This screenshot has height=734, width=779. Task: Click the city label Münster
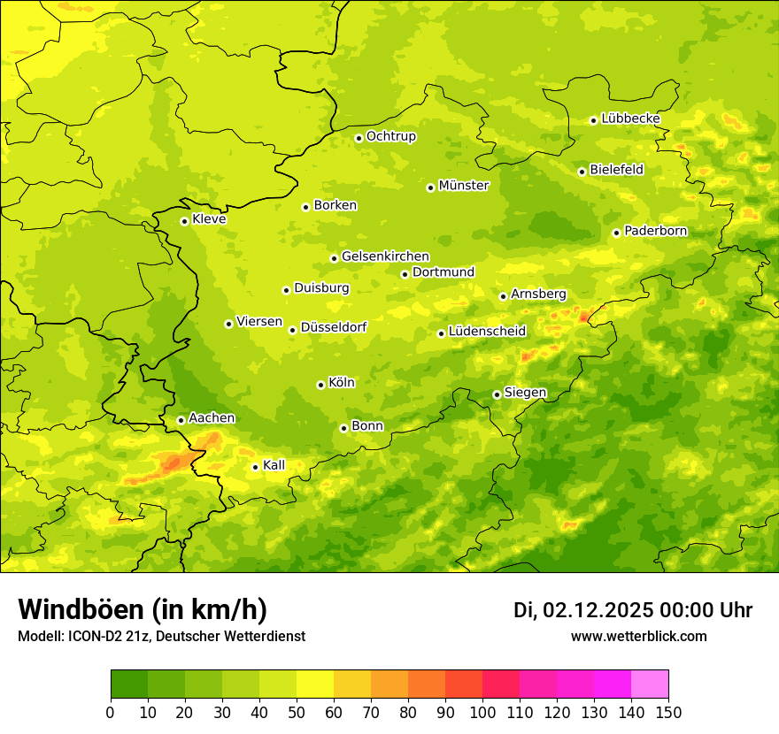pos(463,186)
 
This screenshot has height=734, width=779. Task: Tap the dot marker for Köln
pos(320,385)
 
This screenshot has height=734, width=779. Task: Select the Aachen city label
pos(212,418)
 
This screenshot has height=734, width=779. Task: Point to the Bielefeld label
pos(616,170)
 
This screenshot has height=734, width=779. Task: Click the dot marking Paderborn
pos(616,233)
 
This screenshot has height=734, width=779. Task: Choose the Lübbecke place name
pos(630,119)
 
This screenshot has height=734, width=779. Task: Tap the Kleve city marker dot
pos(184,221)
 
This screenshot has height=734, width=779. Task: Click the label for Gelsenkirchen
pos(385,256)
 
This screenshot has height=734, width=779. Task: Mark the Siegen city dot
pos(497,394)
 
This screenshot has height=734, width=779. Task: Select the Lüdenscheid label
pos(487,332)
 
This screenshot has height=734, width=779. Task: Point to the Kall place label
pos(274,465)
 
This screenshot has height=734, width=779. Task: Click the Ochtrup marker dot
pos(359,138)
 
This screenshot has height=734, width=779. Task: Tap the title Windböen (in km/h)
pos(142,609)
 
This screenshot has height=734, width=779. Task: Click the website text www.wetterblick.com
pos(638,636)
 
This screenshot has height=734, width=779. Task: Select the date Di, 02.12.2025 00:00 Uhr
pos(633,610)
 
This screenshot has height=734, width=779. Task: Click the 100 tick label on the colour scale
pos(482,712)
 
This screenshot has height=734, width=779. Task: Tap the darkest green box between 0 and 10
pos(129,684)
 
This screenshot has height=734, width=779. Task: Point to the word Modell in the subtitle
pos(39,636)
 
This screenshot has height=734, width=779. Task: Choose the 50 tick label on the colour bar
pos(297,712)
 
